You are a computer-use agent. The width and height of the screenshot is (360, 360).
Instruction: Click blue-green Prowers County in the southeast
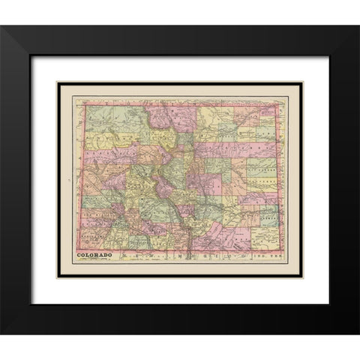(267, 217)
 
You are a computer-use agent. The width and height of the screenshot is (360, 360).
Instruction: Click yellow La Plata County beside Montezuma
(112, 240)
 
